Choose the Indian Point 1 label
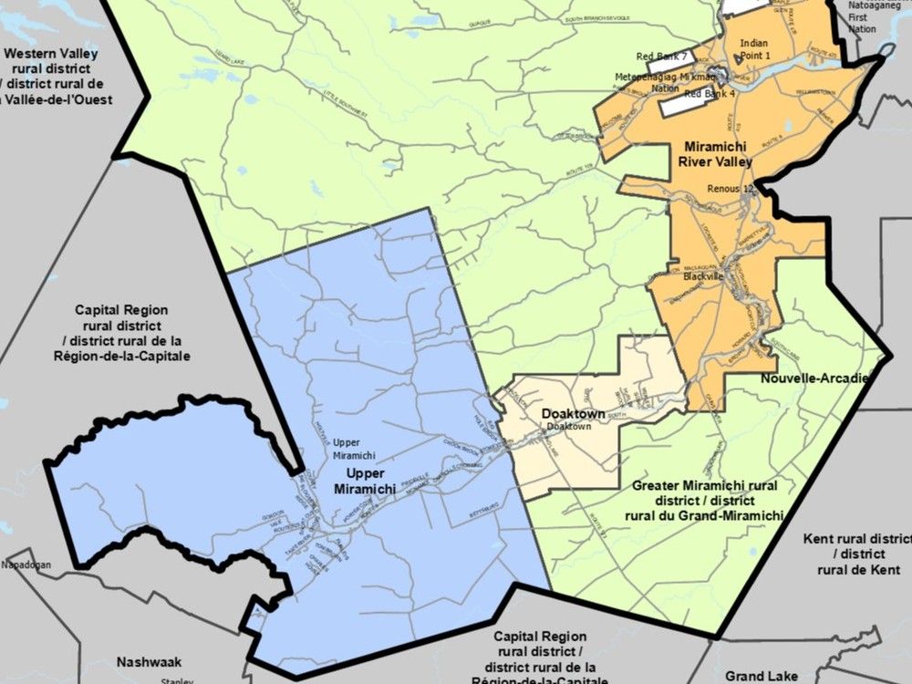tap(754, 49)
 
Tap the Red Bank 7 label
tap(660, 56)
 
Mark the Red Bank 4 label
tap(710, 94)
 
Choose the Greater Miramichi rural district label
tap(706, 501)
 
